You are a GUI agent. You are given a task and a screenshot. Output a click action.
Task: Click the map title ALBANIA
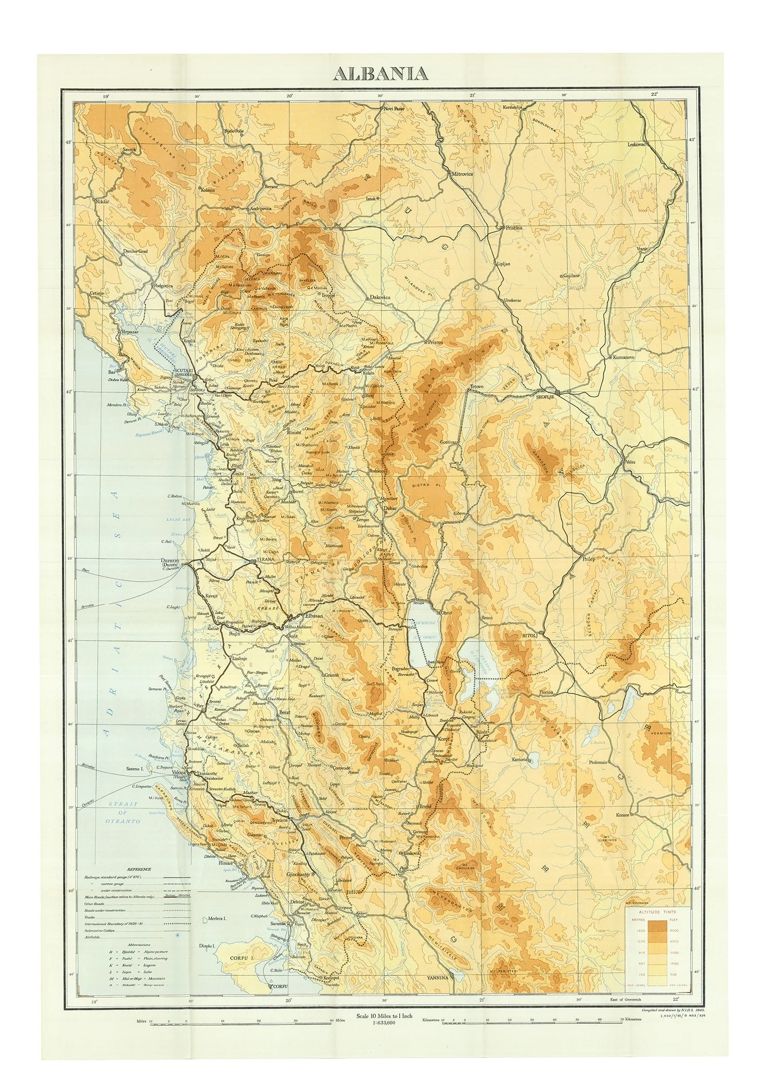(x=381, y=73)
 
